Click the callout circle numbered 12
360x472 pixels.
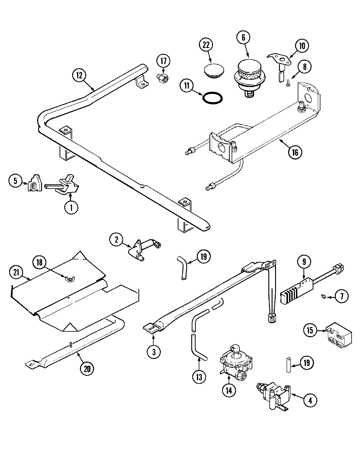click(x=79, y=75)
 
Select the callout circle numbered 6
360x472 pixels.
click(x=243, y=37)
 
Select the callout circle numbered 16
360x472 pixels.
click(x=295, y=152)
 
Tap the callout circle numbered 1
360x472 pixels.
click(x=71, y=207)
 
